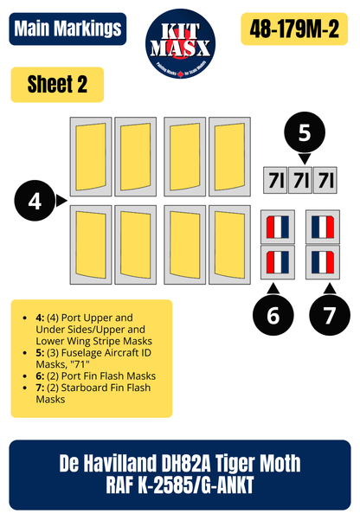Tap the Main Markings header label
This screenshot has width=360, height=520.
pyautogui.click(x=67, y=29)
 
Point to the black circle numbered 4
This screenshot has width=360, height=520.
pyautogui.click(x=35, y=202)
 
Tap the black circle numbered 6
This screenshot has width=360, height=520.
pyautogui.click(x=274, y=316)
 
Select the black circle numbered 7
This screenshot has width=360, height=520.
pyautogui.click(x=329, y=316)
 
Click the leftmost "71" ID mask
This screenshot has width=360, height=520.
pyautogui.click(x=275, y=182)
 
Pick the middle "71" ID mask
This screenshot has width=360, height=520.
pyautogui.click(x=302, y=182)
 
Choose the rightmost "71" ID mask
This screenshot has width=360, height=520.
pyautogui.click(x=328, y=182)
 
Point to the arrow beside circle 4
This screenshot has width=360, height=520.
pyautogui.click(x=61, y=202)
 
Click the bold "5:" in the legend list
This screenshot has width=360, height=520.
pyautogui.click(x=41, y=352)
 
